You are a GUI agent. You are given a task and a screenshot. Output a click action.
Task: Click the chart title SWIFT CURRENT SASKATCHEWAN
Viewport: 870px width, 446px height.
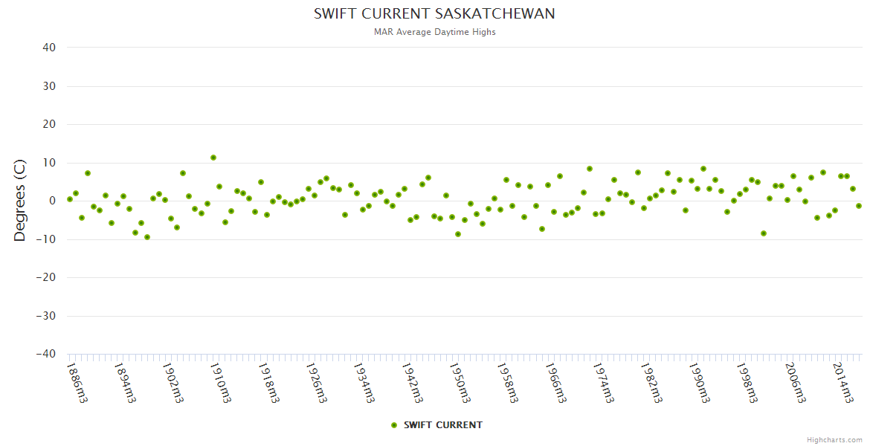pyautogui.click(x=434, y=14)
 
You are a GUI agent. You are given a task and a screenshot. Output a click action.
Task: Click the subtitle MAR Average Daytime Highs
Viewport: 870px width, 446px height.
pyautogui.click(x=434, y=32)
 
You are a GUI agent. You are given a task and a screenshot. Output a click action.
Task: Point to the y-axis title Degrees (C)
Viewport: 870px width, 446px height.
pyautogui.click(x=20, y=201)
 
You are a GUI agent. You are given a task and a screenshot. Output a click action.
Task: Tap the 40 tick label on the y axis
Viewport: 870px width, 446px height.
pyautogui.click(x=49, y=48)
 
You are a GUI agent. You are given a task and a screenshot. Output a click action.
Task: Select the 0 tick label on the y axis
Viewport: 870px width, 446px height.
pyautogui.click(x=53, y=201)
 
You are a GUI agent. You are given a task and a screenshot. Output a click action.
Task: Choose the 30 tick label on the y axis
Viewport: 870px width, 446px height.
pyautogui.click(x=49, y=86)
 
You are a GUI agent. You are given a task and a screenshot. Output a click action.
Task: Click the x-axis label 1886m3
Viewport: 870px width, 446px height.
pyautogui.click(x=77, y=382)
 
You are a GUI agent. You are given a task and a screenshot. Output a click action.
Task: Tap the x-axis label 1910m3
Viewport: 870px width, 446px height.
pyautogui.click(x=221, y=382)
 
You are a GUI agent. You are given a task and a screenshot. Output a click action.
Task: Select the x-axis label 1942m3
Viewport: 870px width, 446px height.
pyautogui.click(x=411, y=382)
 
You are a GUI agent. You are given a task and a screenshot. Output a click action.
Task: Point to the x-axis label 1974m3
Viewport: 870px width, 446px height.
pyautogui.click(x=602, y=382)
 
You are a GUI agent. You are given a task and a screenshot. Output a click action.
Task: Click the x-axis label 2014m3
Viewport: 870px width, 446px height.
pyautogui.click(x=841, y=382)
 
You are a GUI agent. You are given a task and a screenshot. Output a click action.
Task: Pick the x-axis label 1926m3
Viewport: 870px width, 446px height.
pyautogui.click(x=316, y=382)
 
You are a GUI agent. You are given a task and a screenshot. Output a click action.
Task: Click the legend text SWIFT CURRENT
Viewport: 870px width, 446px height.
pyautogui.click(x=443, y=425)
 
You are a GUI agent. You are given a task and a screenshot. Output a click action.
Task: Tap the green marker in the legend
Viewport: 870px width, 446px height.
pyautogui.click(x=394, y=425)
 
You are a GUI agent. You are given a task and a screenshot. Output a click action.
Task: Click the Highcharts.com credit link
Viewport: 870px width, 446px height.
pyautogui.click(x=834, y=440)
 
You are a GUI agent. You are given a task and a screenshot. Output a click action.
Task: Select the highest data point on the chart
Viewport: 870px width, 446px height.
pyautogui.click(x=213, y=158)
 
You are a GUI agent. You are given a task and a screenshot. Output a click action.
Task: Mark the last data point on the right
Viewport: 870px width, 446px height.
pyautogui.click(x=859, y=206)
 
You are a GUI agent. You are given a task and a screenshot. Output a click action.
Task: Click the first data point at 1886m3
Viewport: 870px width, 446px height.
pyautogui.click(x=70, y=199)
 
